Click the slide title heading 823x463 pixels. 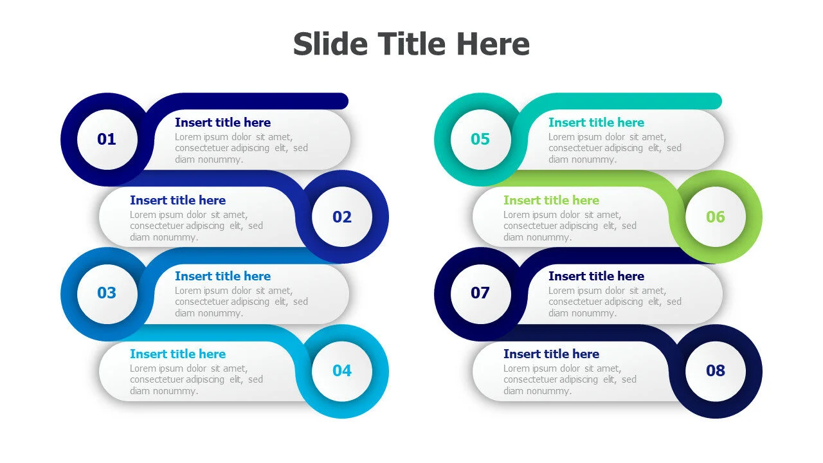(x=411, y=44)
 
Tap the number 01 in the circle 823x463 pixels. (x=107, y=140)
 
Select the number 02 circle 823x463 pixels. (x=341, y=217)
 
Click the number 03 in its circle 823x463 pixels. (x=107, y=293)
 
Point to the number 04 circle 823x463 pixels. (x=341, y=371)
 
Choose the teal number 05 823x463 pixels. (x=480, y=140)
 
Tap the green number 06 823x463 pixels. (x=716, y=217)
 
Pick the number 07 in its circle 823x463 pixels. (x=480, y=293)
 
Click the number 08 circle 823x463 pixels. (x=716, y=371)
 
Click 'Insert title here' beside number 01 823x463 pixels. (x=222, y=122)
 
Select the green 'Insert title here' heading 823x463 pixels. (x=551, y=200)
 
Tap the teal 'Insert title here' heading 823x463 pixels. (x=596, y=122)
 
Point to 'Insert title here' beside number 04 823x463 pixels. (x=178, y=354)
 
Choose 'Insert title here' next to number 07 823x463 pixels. (x=596, y=276)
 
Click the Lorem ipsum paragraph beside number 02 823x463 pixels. (x=196, y=226)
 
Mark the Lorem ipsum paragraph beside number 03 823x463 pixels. (x=241, y=302)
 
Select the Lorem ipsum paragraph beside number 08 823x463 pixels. (x=570, y=379)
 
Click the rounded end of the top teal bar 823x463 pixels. (x=717, y=101)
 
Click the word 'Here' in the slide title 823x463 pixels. (x=493, y=44)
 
